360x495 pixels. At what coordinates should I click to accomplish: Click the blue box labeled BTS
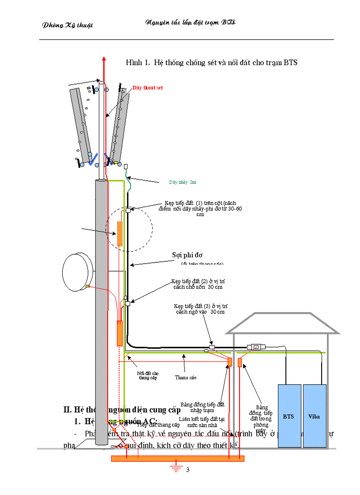(x=289, y=416)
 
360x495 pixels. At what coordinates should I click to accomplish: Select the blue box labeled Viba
(x=315, y=416)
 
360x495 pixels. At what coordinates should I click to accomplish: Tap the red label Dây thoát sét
(x=148, y=88)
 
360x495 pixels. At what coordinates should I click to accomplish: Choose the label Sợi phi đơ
(x=187, y=255)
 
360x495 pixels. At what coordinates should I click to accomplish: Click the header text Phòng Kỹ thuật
(x=67, y=25)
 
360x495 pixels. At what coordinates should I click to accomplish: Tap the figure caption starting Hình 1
(x=212, y=62)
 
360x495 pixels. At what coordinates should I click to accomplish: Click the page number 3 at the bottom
(x=187, y=469)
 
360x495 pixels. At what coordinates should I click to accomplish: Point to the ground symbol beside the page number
(x=176, y=468)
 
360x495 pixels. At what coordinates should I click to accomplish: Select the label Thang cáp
(x=186, y=377)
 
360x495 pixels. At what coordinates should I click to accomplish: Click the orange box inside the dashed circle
(x=119, y=233)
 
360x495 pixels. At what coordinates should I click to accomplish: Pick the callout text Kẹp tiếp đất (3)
(x=201, y=309)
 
